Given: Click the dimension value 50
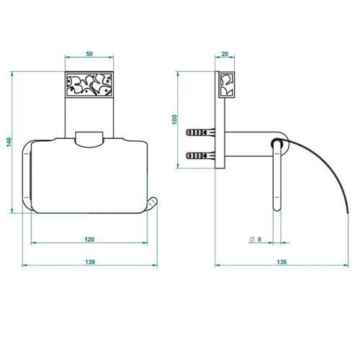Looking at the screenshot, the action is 89,54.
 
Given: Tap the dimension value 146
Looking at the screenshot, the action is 9,142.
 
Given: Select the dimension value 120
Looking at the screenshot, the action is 89,239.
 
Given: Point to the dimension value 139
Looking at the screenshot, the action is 90,262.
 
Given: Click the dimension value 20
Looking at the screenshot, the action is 225,54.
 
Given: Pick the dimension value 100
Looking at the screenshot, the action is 174,120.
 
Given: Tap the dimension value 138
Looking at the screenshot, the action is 282,262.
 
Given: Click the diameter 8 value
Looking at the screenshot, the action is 259,239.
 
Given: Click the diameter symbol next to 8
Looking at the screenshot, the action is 252,239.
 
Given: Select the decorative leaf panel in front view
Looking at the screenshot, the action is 89,84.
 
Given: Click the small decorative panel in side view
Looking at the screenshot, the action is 227,85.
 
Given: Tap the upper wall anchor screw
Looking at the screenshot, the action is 200,132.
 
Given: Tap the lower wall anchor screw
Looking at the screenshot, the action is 200,156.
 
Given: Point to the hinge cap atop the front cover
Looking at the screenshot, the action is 89,139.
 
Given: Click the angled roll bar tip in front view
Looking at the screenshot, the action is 152,204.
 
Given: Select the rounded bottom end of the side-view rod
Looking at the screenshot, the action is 277,208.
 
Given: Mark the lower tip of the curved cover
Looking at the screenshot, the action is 347,213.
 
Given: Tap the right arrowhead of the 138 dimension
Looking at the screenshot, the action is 346,266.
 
